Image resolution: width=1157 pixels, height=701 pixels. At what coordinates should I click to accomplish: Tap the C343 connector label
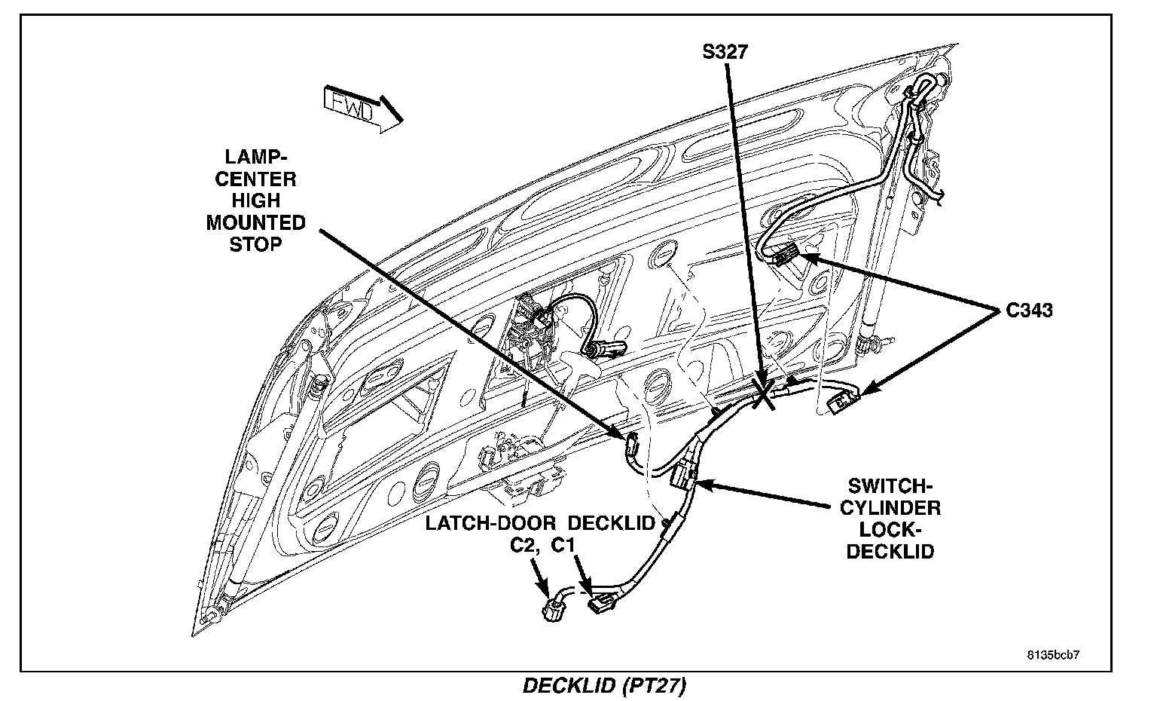click(1029, 310)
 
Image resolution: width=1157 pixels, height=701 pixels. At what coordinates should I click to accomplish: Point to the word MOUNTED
click(255, 223)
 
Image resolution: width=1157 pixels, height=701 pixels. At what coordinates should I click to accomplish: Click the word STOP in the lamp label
click(255, 245)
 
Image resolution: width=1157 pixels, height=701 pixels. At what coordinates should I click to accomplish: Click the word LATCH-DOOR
click(490, 523)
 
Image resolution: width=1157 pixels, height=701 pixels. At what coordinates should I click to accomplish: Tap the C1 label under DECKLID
click(565, 544)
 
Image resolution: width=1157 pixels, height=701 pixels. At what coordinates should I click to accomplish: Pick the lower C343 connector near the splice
click(841, 399)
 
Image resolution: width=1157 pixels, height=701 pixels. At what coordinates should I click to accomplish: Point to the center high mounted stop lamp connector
click(631, 445)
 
